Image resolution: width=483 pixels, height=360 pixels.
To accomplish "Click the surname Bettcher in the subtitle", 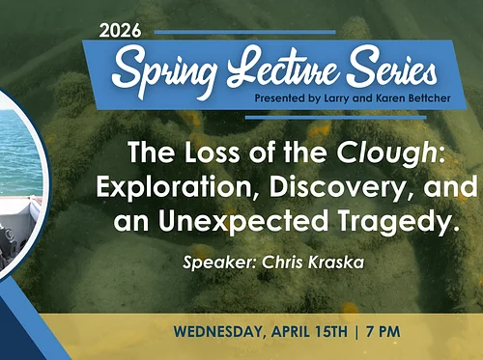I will [424, 98].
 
